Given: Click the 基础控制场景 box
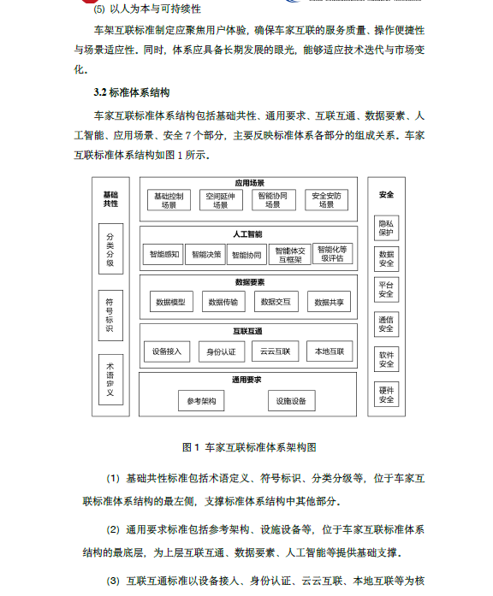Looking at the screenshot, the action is (x=169, y=200).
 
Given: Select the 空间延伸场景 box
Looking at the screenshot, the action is (x=221, y=200).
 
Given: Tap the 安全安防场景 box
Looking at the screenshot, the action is (x=326, y=200).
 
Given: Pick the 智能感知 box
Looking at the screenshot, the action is (x=163, y=254).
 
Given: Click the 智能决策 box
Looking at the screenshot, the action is (x=205, y=254).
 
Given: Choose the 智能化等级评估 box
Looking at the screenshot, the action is (x=332, y=253).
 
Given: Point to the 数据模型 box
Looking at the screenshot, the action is (x=171, y=302).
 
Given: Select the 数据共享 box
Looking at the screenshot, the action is (x=329, y=302).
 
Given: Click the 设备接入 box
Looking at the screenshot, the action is (x=167, y=351).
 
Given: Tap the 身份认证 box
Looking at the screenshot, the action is (x=222, y=351).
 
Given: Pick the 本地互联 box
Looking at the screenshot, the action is (x=330, y=351).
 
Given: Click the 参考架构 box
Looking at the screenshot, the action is (x=201, y=401).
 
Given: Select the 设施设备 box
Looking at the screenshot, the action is (x=291, y=401).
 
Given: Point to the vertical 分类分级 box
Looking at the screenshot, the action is (x=110, y=249).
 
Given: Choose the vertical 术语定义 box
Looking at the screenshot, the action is (x=110, y=380).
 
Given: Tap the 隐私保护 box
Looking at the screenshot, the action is (x=387, y=228).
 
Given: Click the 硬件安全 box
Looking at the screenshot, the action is (x=387, y=394).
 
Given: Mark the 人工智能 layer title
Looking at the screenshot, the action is (x=247, y=234).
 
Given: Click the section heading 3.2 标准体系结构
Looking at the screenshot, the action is (x=132, y=92).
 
